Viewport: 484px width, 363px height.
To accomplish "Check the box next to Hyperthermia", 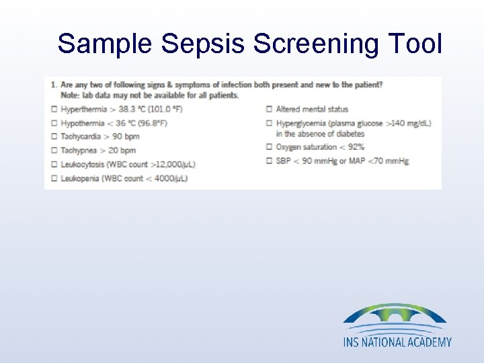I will [54, 110].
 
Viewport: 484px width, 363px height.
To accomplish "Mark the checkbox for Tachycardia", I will [54, 136].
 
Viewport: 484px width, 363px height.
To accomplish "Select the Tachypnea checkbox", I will [54, 150].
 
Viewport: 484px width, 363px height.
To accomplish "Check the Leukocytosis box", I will [54, 164].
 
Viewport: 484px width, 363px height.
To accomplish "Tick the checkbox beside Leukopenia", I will [54, 178].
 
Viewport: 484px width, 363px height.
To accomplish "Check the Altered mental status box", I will [270, 110].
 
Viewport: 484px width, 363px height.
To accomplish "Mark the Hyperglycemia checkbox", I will [270, 123].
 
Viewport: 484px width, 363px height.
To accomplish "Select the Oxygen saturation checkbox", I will [270, 147].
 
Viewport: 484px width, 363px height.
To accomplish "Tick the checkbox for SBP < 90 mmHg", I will [270, 161].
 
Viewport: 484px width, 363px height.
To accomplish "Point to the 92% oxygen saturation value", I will [356, 147].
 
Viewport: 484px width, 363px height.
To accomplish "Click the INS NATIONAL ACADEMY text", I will [397, 342].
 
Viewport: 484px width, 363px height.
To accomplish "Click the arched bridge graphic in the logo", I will [395, 314].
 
